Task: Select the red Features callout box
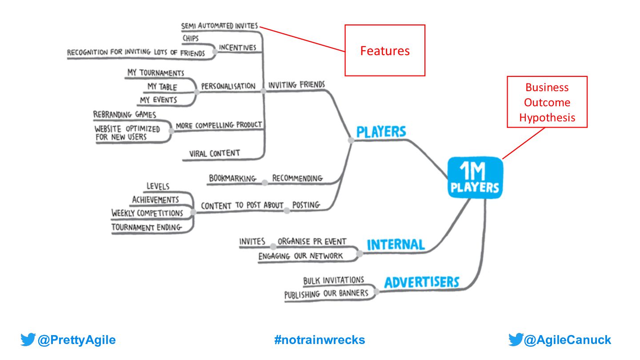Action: coord(385,51)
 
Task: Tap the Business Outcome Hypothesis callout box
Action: coord(547,102)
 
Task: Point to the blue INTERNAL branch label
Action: coord(396,244)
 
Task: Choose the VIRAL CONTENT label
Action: coord(214,153)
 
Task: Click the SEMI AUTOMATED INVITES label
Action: coord(219,26)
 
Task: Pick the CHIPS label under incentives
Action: coord(191,39)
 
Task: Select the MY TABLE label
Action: coord(162,87)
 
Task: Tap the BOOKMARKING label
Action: coord(232,179)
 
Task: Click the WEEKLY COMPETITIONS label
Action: coord(147,213)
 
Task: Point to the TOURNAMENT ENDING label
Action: coord(147,228)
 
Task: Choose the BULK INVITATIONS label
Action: coord(333,280)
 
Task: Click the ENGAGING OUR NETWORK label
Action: coord(301,256)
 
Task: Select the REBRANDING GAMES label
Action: coord(124,115)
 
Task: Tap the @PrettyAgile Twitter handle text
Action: coord(76,340)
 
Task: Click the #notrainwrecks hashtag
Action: coord(320,340)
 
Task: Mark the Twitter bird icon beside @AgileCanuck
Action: coord(516,340)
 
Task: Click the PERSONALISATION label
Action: coord(228,86)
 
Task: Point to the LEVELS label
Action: coord(158,186)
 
